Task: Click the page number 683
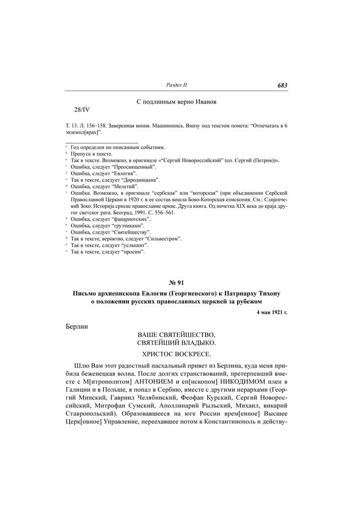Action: pos(283,85)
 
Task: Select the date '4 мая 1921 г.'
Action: pos(272,312)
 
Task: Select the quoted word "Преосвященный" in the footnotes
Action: pos(136,166)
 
